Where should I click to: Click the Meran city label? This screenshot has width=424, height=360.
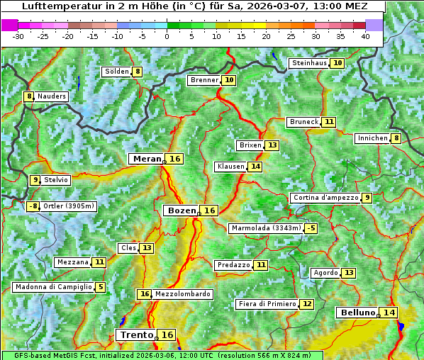pos(147,159)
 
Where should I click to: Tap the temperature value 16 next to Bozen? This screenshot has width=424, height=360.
pos(210,210)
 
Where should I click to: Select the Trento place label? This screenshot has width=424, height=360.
pos(136,334)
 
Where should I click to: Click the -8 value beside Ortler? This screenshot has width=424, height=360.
pos(33,206)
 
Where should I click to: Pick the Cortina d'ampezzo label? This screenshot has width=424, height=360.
pos(325,198)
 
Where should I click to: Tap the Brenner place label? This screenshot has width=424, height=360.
pos(204,80)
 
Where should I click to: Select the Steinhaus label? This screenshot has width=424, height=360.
pos(309,63)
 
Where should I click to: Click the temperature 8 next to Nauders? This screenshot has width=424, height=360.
pos(29,96)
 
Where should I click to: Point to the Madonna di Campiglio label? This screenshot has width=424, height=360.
pos(52,287)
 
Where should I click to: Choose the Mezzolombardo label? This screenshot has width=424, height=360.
pos(182,294)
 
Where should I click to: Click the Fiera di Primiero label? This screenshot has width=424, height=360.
pos(267,304)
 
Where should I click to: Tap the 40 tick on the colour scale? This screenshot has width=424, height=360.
pos(365,36)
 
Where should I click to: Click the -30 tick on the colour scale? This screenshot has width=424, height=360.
pos(18,36)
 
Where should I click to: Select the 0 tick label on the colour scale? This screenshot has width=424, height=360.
pos(167,36)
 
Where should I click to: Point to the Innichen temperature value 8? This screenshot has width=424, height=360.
pos(396,138)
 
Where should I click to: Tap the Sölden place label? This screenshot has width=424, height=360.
pos(116,72)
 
